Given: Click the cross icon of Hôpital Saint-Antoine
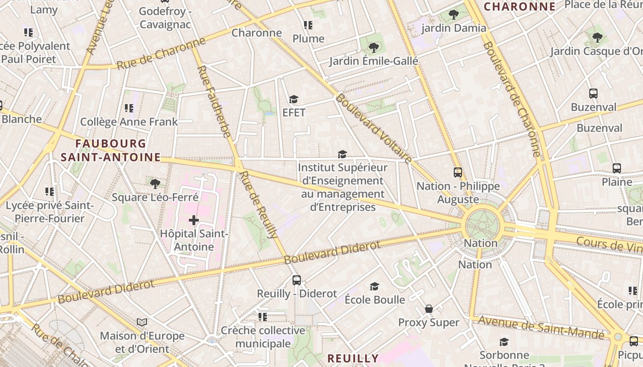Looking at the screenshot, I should coord(194,220).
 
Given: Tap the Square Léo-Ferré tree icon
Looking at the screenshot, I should coord(155,184).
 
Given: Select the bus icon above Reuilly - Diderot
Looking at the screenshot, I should coord(297,280).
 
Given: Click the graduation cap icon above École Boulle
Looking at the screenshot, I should coord(375,287).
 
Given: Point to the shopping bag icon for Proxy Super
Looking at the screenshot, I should coord(429,309).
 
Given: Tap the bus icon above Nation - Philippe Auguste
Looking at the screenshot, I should coord(457,172).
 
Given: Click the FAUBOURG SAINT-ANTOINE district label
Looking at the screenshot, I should coord(110,150).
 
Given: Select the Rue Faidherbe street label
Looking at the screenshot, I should coord(214,101).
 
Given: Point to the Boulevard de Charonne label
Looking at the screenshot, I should coord(511,99).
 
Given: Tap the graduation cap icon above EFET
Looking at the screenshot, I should coord(293,99).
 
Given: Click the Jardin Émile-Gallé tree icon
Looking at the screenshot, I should coord(374,47).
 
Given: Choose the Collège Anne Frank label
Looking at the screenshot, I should coord(129,122).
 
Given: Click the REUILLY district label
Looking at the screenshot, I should coord(353,358).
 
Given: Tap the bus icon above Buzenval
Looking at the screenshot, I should coord(593,94).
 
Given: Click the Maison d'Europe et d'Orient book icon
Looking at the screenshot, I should coord(142,322).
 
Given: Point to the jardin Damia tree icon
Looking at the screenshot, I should coord(454,15).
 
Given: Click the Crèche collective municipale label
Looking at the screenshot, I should coord(263,337).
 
